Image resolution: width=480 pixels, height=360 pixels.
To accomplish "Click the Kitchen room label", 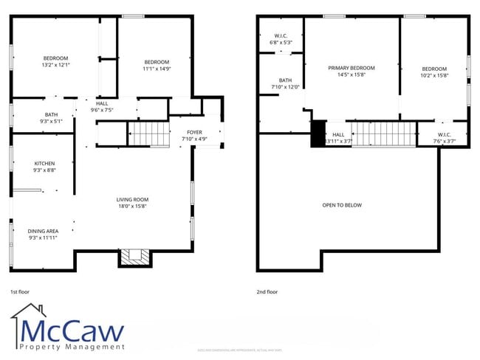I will [x=44, y=167].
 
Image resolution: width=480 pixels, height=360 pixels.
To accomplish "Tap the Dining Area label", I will [x=43, y=234].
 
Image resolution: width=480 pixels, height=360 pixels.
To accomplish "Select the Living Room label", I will [x=132, y=202].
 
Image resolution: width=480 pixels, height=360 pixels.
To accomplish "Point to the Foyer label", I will [x=195, y=135].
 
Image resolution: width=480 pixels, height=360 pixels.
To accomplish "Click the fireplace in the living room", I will [x=134, y=257].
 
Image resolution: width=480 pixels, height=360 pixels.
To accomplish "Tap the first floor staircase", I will [x=150, y=134].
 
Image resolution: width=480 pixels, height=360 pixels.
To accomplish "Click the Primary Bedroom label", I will [x=352, y=71].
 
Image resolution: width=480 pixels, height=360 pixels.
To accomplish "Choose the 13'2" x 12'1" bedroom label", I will [x=55, y=61].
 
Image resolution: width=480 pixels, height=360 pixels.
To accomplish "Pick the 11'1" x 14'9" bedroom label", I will [x=157, y=65].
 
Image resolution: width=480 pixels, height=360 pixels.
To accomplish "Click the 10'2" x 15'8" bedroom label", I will [x=434, y=71].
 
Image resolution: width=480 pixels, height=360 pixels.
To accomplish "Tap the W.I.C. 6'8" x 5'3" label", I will [x=281, y=39].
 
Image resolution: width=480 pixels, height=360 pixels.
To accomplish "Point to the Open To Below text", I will [x=342, y=205].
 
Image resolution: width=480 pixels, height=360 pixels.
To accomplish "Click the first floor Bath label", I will [x=51, y=118].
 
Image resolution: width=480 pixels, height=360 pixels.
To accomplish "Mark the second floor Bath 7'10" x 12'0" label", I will [x=285, y=83].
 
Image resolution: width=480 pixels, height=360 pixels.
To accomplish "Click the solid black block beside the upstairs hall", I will [x=318, y=134].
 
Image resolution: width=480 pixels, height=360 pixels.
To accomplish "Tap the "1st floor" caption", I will [x=21, y=292].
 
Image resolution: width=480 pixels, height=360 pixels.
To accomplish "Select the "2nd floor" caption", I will [x=267, y=292].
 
